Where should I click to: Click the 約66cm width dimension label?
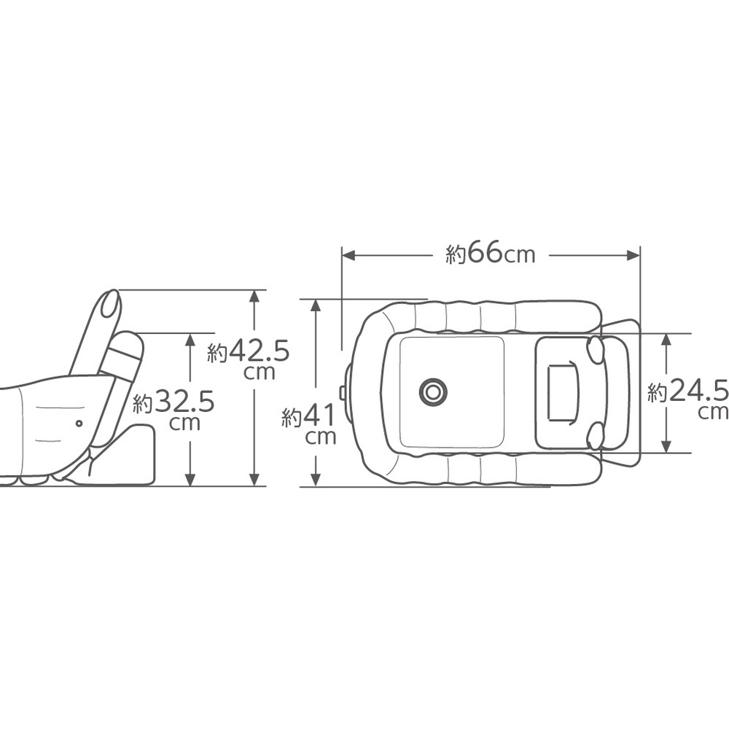pyautogui.click(x=491, y=254)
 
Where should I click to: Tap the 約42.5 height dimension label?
pyautogui.click(x=249, y=358)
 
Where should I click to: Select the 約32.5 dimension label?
pyautogui.click(x=174, y=409)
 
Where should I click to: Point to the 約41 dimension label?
pyautogui.click(x=308, y=423)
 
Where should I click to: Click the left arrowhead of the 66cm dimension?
pyautogui.click(x=348, y=255)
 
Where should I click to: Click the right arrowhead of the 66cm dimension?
pyautogui.click(x=634, y=255)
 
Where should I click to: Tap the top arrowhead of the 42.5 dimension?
pyautogui.click(x=254, y=297)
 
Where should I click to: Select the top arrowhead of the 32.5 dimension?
pyautogui.click(x=190, y=340)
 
